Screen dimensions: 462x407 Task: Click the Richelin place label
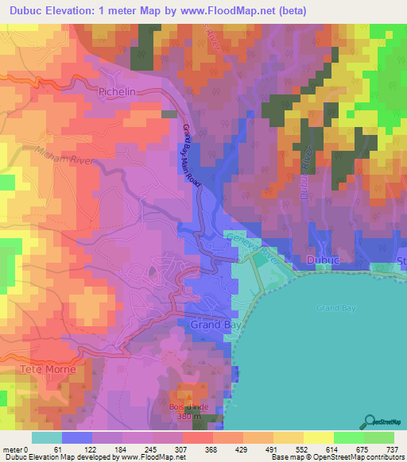pos(119,92)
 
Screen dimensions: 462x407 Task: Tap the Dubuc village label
pos(322,260)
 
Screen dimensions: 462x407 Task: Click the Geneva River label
pos(250,244)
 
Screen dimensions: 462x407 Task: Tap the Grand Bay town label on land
pos(209,325)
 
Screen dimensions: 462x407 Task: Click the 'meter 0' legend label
pos(14,449)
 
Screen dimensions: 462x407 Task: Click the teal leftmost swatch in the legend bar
pos(47,437)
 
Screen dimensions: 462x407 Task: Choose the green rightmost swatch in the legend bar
pos(379,437)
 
